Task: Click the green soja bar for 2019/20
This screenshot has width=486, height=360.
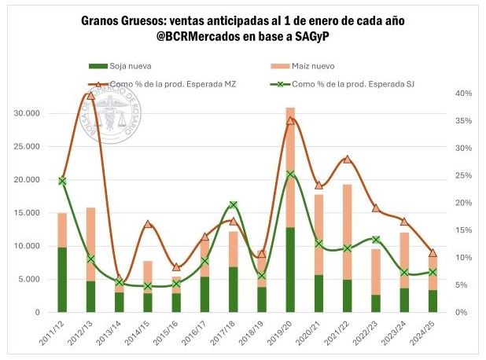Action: coord(290,269)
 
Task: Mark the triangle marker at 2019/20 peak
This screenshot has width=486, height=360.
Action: coord(290,120)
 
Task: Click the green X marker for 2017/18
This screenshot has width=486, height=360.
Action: coord(234,205)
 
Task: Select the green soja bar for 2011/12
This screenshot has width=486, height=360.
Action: coord(62,279)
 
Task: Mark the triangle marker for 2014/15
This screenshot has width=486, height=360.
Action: coord(148,224)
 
